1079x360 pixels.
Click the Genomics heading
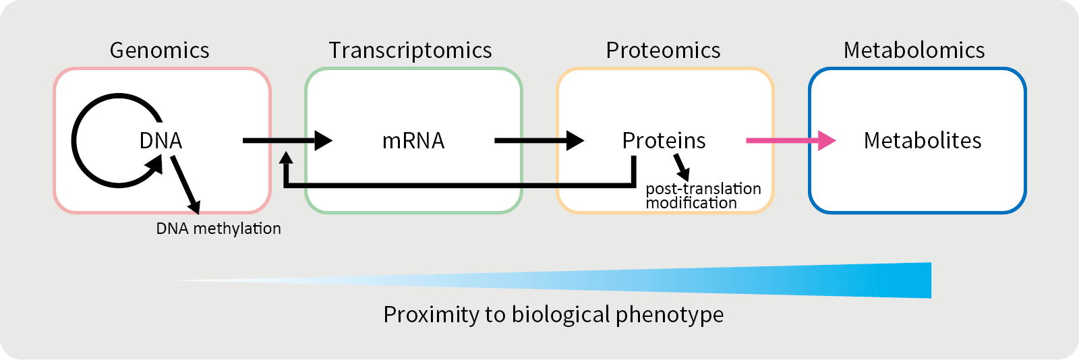click(x=159, y=51)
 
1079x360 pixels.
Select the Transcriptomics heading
click(x=410, y=51)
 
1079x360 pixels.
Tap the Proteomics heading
click(x=663, y=51)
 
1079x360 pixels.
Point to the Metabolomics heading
click(x=914, y=51)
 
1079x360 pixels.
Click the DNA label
click(x=161, y=141)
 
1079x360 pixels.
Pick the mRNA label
click(x=413, y=141)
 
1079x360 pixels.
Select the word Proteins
click(x=664, y=141)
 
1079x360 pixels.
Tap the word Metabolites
click(x=923, y=141)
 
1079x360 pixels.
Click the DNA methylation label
click(x=218, y=229)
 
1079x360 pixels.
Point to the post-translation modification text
click(x=703, y=196)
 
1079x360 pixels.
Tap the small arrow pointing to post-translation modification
click(x=682, y=167)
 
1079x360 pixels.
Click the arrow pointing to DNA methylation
click(x=185, y=185)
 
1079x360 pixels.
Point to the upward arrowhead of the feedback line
click(x=286, y=159)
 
